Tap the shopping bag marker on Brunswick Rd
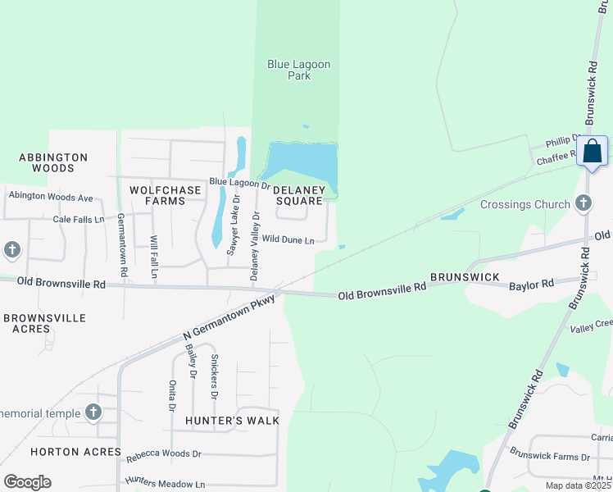coord(592,153)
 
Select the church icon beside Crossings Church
coord(583,202)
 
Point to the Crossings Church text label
coord(524,204)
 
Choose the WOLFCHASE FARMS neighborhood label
coord(166,195)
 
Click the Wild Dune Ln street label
coord(288,240)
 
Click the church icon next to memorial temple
coord(93,412)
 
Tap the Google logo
coord(27,481)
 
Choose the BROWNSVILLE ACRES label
coord(38,323)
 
